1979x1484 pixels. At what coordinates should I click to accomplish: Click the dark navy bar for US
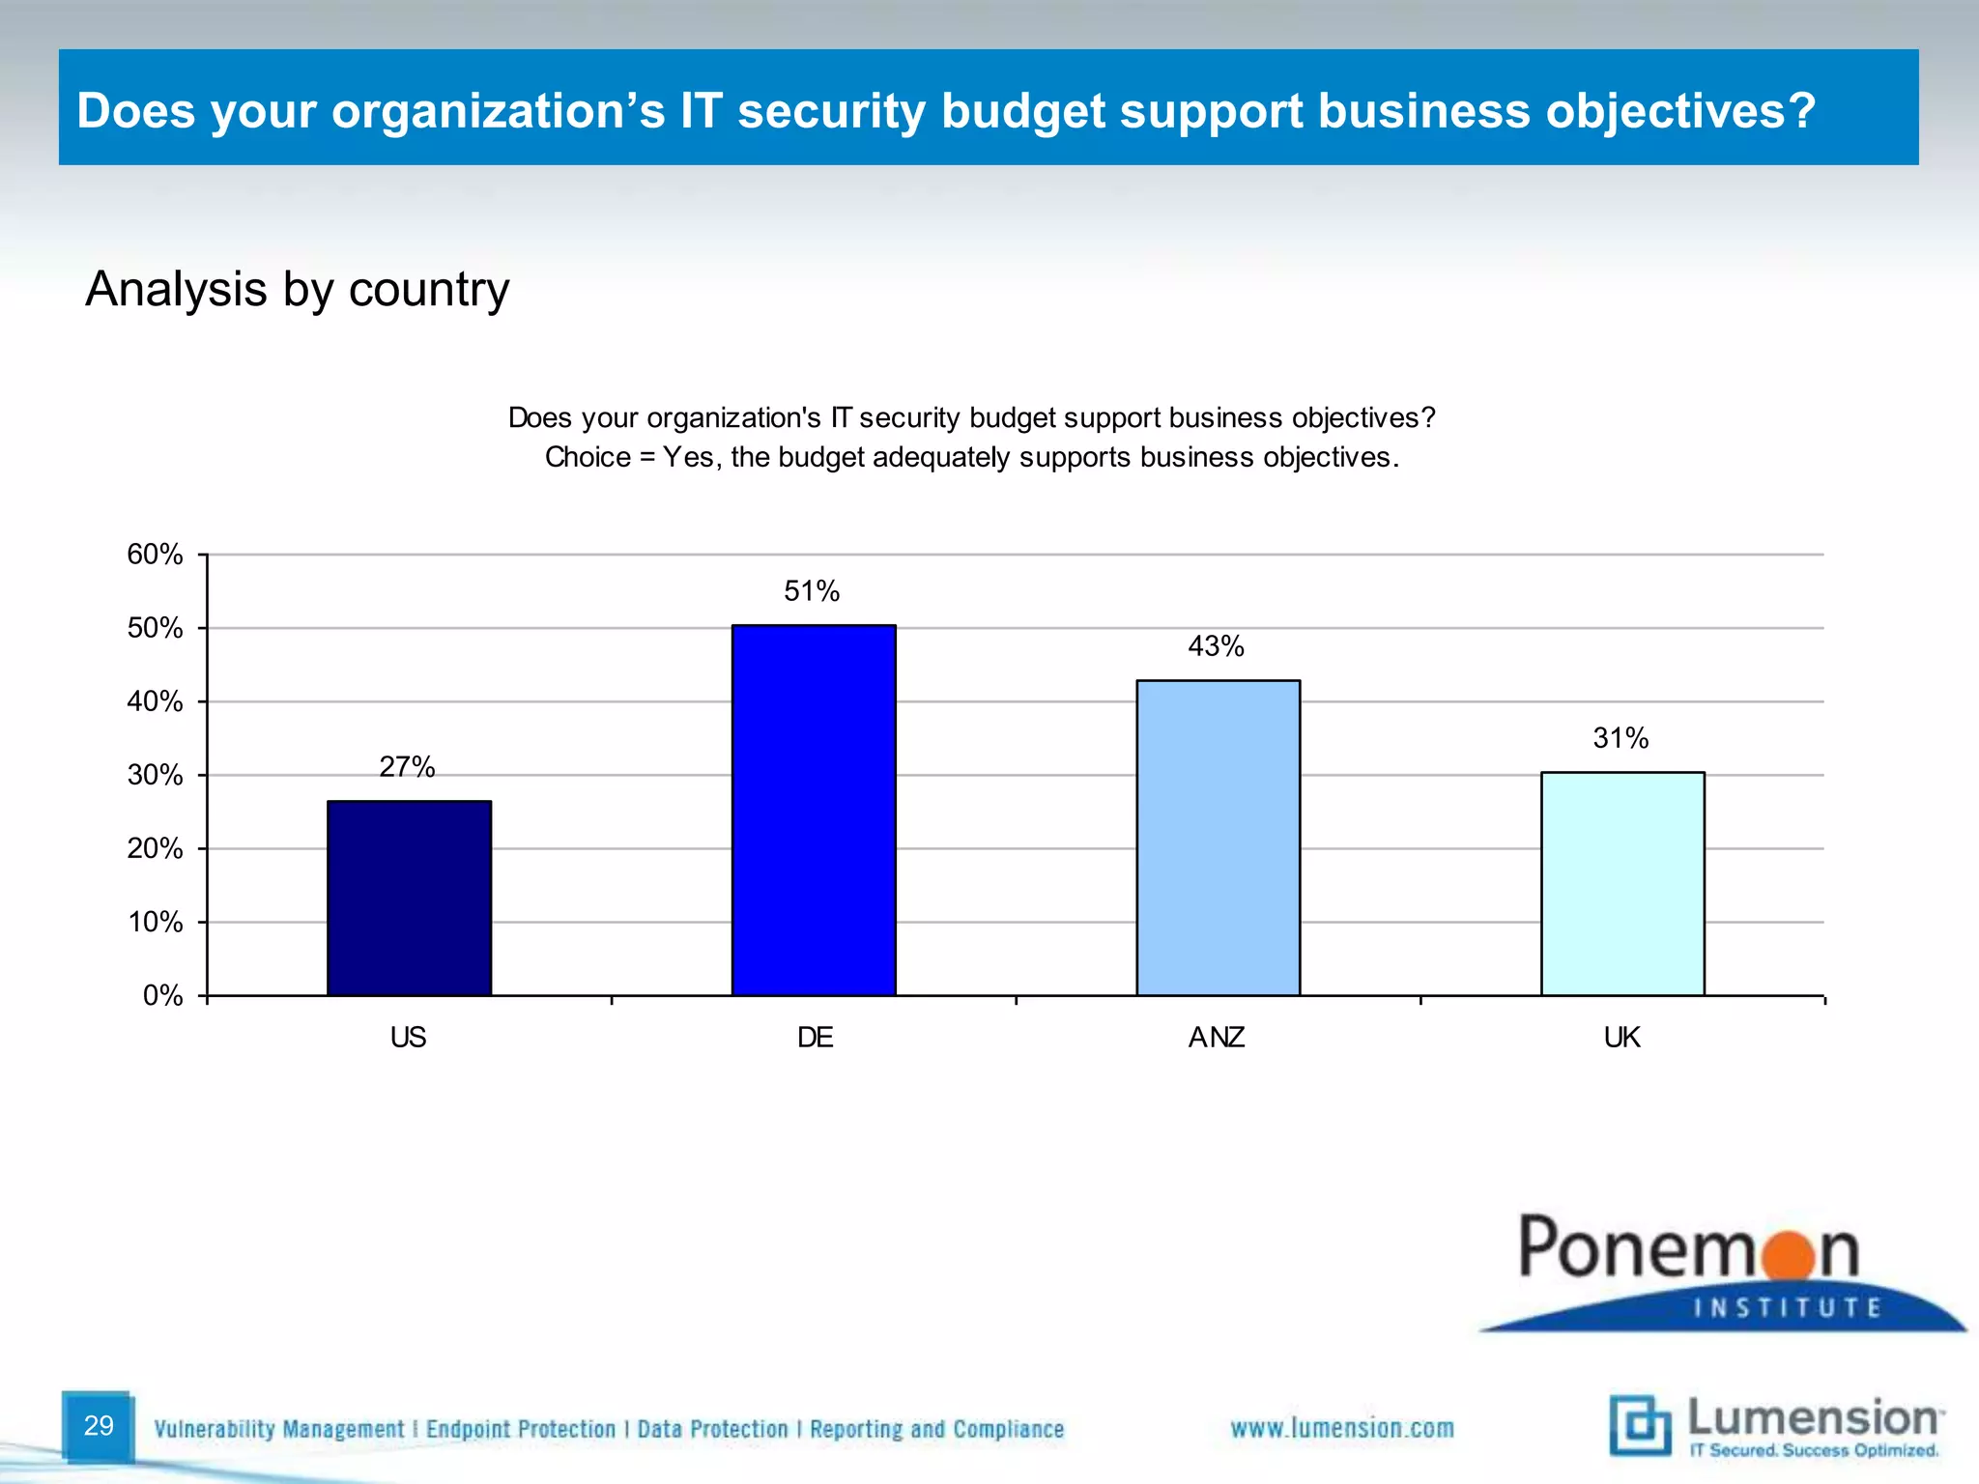409,899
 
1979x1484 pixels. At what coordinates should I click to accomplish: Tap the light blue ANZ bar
1218,838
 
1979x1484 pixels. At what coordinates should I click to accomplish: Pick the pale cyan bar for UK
1622,883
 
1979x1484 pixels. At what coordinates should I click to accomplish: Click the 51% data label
812,591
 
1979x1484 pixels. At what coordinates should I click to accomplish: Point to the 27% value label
407,767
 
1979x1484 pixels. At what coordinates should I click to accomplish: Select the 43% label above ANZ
1216,646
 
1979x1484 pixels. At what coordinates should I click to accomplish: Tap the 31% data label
1620,739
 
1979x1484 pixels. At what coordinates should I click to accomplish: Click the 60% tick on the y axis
155,555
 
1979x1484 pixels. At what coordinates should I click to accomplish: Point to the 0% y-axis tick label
162,996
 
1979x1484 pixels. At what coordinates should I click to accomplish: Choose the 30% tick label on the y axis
155,775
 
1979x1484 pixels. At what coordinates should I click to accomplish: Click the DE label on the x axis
815,1038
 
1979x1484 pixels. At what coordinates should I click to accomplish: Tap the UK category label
1621,1038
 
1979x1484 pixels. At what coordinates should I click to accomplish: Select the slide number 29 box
98,1426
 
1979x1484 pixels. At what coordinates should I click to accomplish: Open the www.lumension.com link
1341,1428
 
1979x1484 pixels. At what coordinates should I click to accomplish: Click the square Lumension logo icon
1640,1425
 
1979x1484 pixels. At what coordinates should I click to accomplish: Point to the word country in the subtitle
428,289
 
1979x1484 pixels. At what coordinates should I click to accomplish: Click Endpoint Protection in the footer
521,1429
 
